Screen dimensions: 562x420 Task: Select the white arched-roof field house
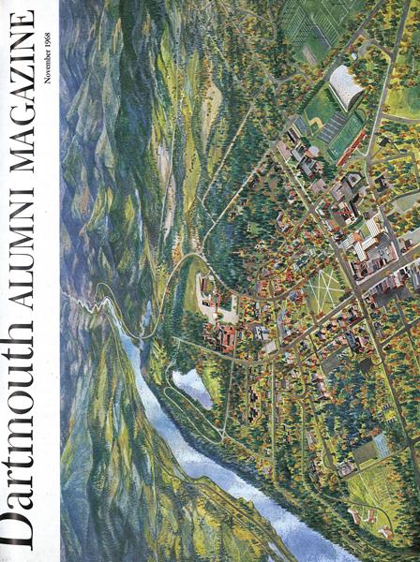click(x=345, y=89)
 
